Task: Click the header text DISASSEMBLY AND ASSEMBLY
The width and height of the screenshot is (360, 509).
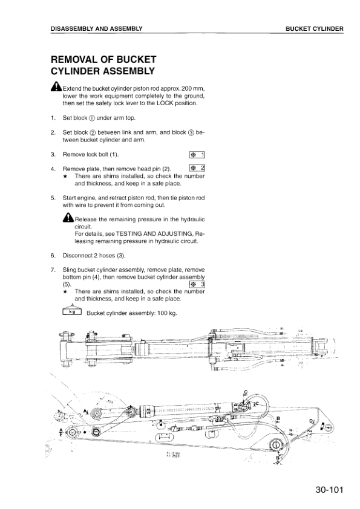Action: (x=97, y=28)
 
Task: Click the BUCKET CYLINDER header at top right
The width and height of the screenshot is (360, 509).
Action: (x=315, y=28)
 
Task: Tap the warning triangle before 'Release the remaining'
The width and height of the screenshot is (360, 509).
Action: (x=68, y=218)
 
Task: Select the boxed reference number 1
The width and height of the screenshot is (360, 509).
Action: (x=198, y=155)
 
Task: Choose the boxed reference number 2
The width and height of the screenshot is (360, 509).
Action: (x=198, y=168)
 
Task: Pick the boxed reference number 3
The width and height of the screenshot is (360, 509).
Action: (x=198, y=284)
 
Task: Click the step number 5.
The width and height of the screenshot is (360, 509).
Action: (x=53, y=197)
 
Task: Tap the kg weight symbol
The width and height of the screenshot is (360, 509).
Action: (x=71, y=312)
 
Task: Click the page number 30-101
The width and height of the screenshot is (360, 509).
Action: (x=329, y=490)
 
